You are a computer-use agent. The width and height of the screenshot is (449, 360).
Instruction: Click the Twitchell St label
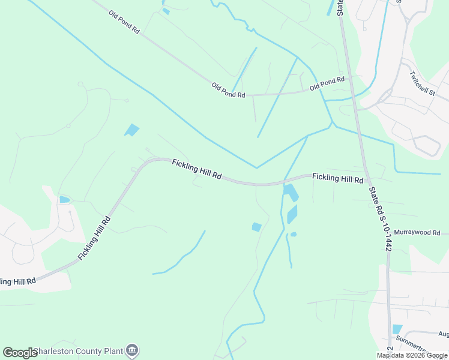click(x=422, y=83)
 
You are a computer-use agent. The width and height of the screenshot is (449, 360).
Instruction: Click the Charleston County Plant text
click(x=79, y=351)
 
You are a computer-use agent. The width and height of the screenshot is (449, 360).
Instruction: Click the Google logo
click(x=20, y=352)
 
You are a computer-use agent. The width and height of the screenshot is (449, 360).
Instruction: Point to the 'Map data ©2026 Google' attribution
click(x=412, y=355)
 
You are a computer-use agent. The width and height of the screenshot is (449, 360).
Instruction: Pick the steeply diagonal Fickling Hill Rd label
click(x=95, y=238)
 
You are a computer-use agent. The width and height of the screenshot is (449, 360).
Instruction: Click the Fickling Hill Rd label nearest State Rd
click(x=337, y=178)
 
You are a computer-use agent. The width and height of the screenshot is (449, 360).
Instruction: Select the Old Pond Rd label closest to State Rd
click(x=327, y=83)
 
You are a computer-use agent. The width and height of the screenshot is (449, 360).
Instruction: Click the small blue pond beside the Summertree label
click(x=397, y=329)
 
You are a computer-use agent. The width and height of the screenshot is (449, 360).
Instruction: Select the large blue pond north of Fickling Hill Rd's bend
click(x=131, y=130)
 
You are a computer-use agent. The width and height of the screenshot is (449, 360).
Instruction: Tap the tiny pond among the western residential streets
click(x=64, y=199)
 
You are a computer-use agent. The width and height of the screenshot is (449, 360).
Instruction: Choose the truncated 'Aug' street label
click(x=443, y=334)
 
